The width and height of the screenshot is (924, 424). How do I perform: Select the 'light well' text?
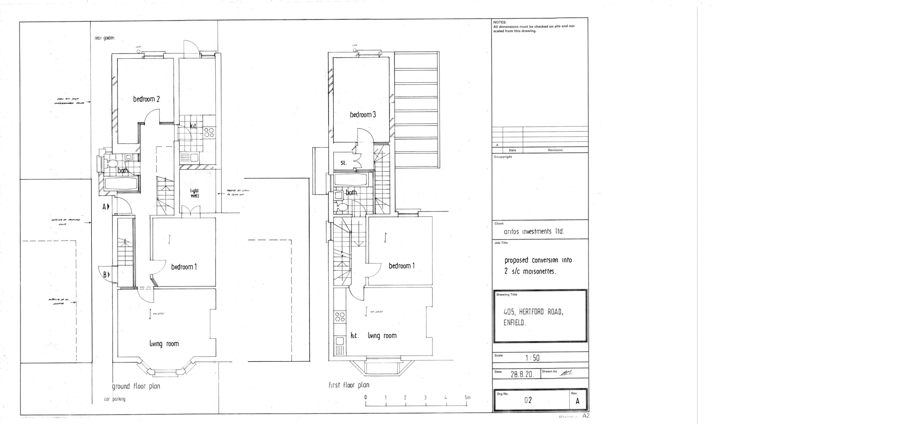pyautogui.click(x=194, y=193)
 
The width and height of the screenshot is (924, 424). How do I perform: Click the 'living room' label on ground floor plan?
pyautogui.click(x=164, y=344)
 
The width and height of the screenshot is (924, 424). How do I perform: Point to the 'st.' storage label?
pyautogui.click(x=343, y=163)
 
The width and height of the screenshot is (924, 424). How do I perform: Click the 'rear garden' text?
pyautogui.click(x=104, y=38)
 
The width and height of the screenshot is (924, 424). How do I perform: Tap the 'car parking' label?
pyautogui.click(x=115, y=399)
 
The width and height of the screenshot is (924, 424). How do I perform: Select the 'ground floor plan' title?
pyautogui.click(x=136, y=386)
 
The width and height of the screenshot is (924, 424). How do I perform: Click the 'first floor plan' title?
pyautogui.click(x=349, y=385)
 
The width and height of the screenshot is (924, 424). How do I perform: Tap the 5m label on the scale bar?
pyautogui.click(x=467, y=398)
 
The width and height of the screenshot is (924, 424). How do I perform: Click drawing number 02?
pyautogui.click(x=528, y=400)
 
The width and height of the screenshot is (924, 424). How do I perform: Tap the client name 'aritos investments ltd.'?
pyautogui.click(x=534, y=231)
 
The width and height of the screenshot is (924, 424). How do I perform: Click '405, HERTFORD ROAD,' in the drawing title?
pyautogui.click(x=533, y=312)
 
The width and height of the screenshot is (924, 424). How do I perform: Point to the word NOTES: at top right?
pyautogui.click(x=500, y=22)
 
